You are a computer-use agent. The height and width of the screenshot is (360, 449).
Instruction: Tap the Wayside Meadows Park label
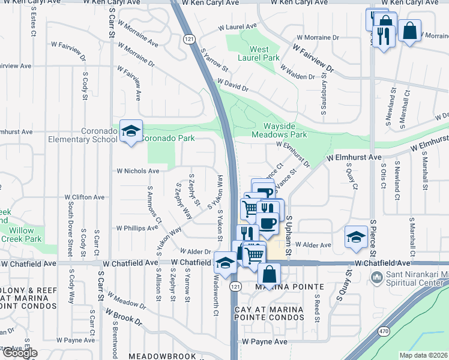pyautogui.click(x=285, y=130)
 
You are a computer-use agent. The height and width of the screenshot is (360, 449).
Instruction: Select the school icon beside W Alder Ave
pyautogui.click(x=356, y=236)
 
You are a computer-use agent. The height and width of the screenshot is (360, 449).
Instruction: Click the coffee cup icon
pyautogui.click(x=268, y=223)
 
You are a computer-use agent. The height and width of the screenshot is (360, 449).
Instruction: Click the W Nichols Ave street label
pyautogui.click(x=138, y=171)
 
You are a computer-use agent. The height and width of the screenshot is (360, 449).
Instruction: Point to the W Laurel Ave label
pyautogui.click(x=237, y=27)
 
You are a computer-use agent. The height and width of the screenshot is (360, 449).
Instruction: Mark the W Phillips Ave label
pyautogui.click(x=137, y=228)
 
